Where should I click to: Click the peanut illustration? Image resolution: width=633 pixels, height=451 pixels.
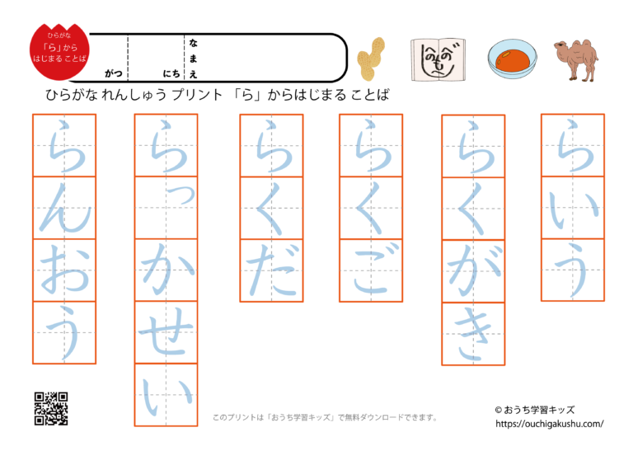click(371, 59)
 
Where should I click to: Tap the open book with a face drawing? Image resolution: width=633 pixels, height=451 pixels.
click(438, 59)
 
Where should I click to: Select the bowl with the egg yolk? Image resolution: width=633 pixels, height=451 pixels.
click(512, 59)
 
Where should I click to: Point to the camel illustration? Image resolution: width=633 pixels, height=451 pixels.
click(576, 59)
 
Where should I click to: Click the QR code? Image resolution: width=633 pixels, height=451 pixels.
click(51, 408)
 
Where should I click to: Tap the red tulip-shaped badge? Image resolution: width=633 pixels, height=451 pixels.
click(59, 51)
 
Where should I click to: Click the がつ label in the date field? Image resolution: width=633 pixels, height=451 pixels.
click(114, 73)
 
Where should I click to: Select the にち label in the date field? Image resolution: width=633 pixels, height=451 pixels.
click(171, 73)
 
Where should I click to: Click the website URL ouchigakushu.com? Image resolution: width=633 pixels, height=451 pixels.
click(550, 424)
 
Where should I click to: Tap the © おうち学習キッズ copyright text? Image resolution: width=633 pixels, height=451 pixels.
click(534, 410)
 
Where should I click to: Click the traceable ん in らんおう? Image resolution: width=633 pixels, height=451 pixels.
click(64, 208)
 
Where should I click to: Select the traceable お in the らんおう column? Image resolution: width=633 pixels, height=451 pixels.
click(64, 270)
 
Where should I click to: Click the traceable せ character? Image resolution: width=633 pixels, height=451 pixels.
click(166, 333)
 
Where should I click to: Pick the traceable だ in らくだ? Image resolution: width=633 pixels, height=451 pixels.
click(272, 270)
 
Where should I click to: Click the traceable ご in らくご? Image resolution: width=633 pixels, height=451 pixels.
click(372, 270)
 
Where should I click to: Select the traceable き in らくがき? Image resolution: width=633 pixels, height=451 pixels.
click(473, 334)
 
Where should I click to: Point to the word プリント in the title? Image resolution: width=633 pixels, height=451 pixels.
click(197, 95)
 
